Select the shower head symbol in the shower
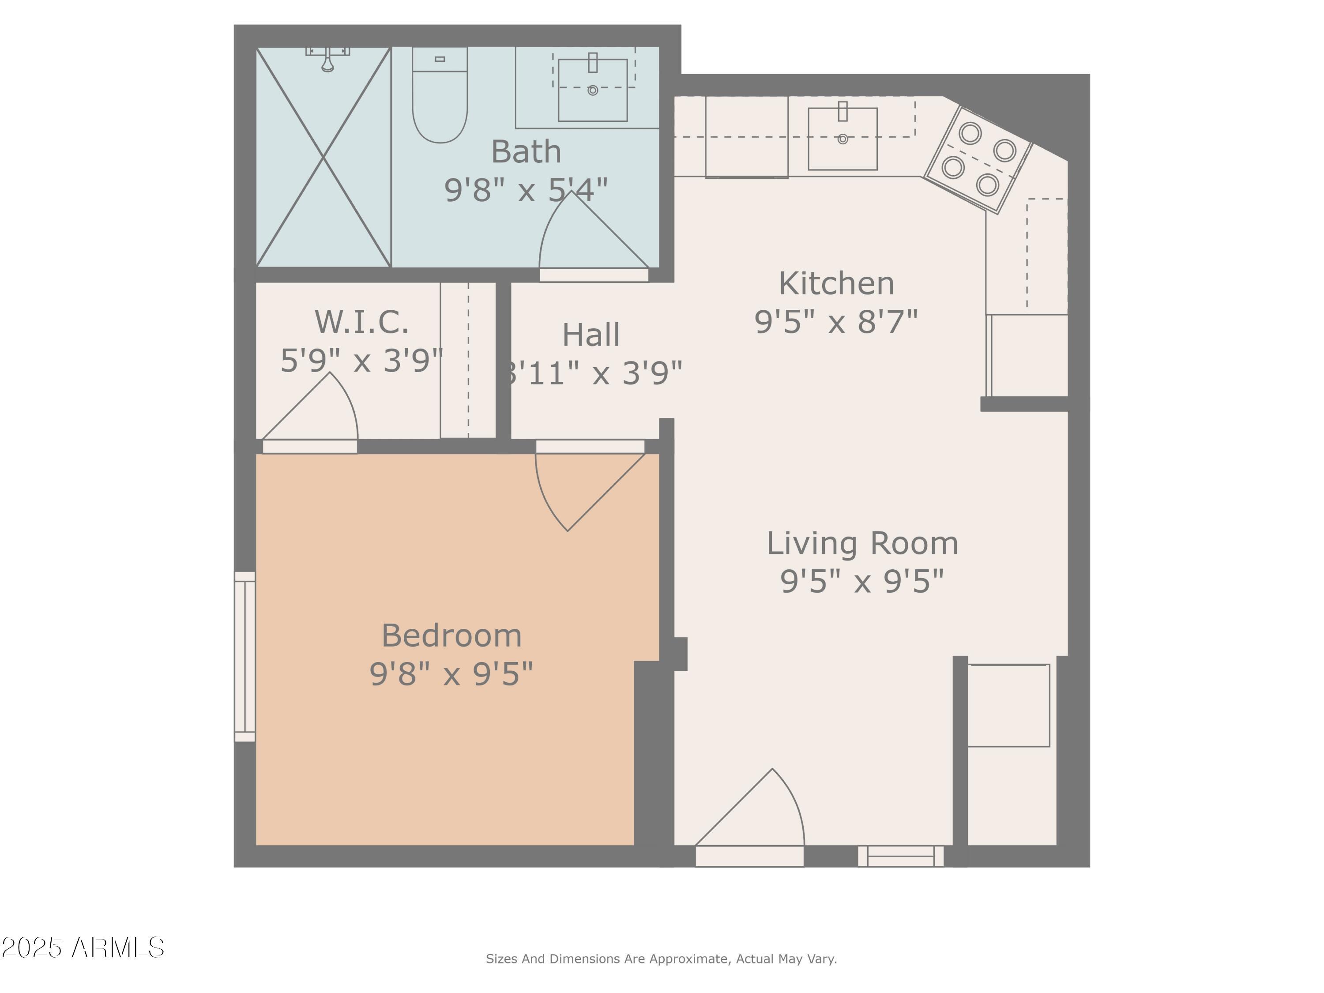pos(327,60)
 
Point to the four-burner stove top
pos(978,159)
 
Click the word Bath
pos(526,152)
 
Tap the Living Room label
pos(862,543)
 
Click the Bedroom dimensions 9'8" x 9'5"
pos(451,674)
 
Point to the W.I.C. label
pos(362,322)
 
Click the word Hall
pos(591,335)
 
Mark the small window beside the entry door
pos(901,856)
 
